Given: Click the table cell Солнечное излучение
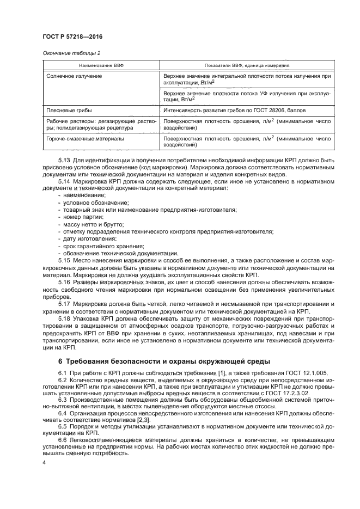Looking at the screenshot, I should point(74,76).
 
